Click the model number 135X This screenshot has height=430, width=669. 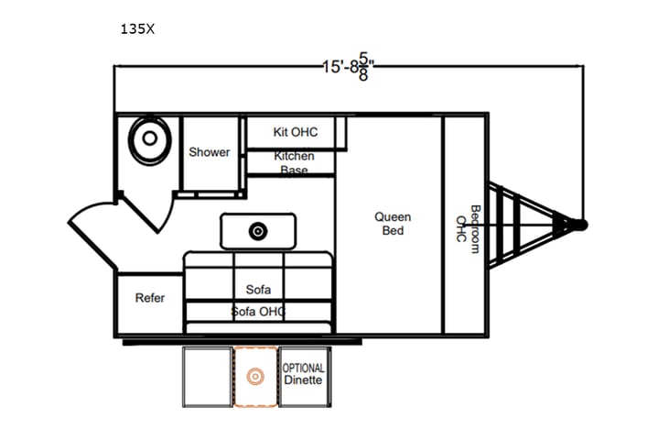click(x=137, y=28)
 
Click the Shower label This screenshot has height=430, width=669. click(x=210, y=152)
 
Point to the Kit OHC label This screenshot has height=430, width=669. click(x=296, y=131)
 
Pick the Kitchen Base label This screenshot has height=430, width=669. click(x=295, y=162)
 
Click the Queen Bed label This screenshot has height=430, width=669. click(x=393, y=224)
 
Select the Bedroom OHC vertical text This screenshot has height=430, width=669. click(x=468, y=229)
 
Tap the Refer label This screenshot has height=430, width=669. click(x=149, y=298)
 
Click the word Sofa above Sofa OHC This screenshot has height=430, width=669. click(x=258, y=290)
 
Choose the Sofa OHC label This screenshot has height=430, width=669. click(x=258, y=312)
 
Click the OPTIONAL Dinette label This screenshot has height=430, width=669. click(x=303, y=374)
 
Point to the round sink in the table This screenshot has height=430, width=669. click(x=259, y=231)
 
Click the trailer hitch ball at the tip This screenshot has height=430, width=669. click(x=581, y=224)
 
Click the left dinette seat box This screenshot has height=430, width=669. click(x=208, y=376)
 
